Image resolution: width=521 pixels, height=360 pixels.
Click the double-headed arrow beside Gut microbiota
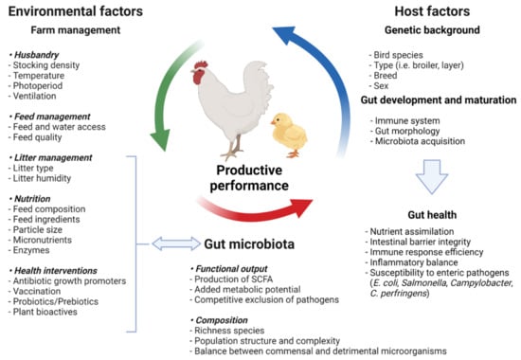click(x=162, y=243)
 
